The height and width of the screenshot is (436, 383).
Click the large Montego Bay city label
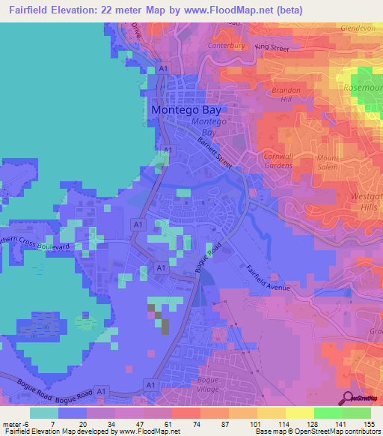pos(187,109)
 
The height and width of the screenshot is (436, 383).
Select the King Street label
pos(272,48)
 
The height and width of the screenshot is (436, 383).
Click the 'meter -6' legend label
pos(17,423)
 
